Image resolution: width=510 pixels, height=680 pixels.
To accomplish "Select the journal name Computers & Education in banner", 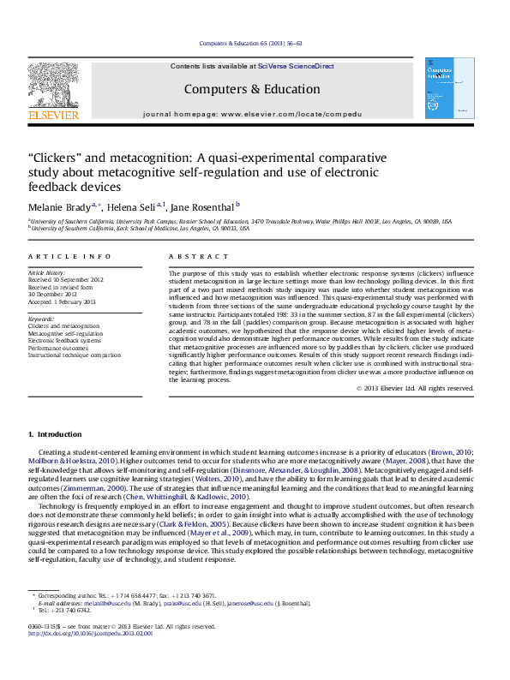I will [x=252, y=89].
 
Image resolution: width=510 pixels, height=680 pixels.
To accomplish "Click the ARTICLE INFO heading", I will [x=57, y=257].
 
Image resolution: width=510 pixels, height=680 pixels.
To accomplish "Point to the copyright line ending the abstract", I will [x=415, y=388].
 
